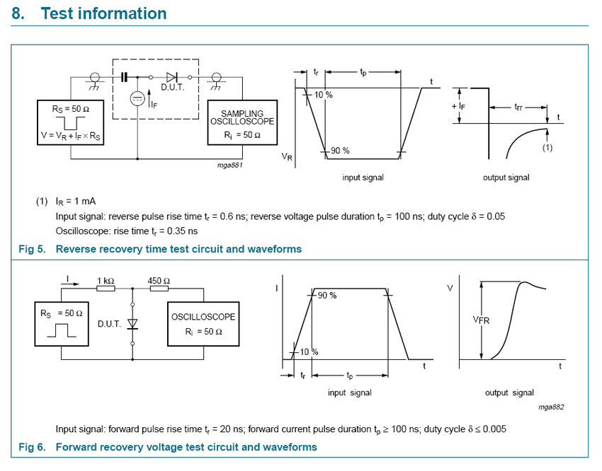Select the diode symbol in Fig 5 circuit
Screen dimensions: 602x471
[171, 77]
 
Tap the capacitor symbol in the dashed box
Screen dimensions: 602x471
[124, 77]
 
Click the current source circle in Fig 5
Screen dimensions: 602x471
[137, 99]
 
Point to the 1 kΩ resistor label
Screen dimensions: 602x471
[106, 281]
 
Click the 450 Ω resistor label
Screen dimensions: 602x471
[159, 281]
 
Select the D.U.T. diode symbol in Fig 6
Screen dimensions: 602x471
[132, 324]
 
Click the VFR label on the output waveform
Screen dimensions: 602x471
[481, 320]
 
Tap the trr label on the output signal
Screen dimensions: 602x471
[518, 107]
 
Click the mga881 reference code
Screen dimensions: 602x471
[229, 165]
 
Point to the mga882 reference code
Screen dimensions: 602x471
[551, 407]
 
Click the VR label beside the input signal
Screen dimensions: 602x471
[287, 157]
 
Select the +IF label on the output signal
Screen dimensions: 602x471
[458, 107]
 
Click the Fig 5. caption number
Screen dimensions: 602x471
[33, 249]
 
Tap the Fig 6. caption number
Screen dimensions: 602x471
[33, 447]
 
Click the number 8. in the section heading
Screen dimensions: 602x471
[18, 13]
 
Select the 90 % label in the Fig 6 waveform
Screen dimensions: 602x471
[327, 296]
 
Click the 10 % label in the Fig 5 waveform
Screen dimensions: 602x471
[323, 95]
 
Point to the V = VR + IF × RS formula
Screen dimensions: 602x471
[71, 136]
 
